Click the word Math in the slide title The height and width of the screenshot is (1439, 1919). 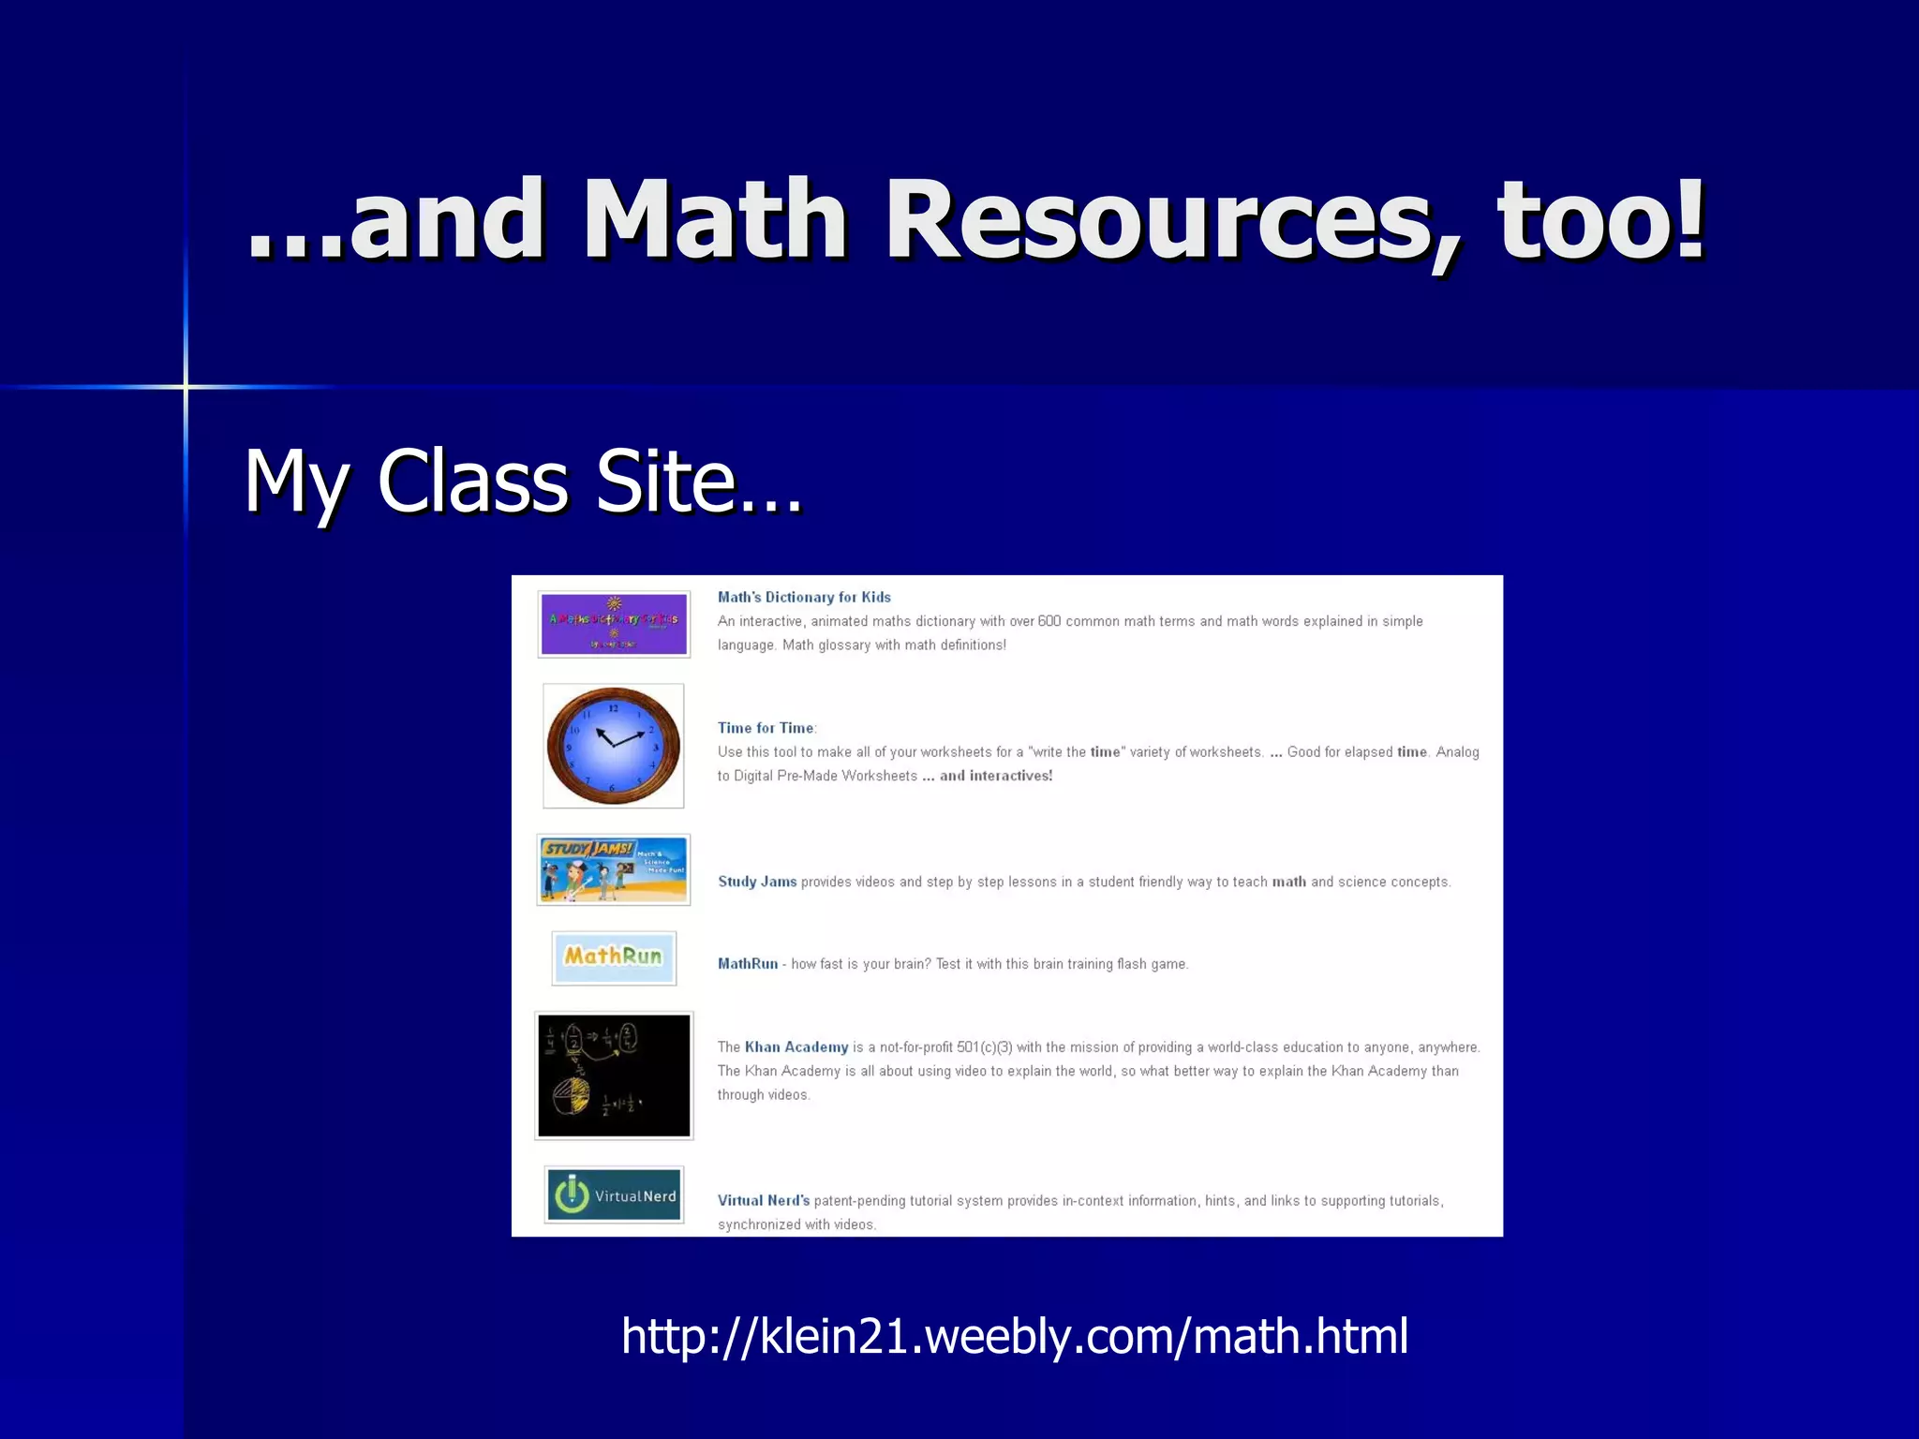point(715,220)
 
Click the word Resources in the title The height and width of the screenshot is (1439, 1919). point(1171,220)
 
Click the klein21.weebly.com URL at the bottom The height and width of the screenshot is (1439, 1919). point(1014,1335)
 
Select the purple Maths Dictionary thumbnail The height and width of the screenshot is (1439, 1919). point(614,624)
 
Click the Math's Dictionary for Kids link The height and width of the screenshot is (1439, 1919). point(804,597)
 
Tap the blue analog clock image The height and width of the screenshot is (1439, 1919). point(614,746)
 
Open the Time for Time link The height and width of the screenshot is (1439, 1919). point(766,728)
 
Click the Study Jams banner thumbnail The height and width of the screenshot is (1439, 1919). point(614,869)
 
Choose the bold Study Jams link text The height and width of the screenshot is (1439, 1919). point(757,882)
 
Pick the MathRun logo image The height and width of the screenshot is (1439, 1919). point(614,957)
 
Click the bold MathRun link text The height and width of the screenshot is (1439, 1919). point(748,964)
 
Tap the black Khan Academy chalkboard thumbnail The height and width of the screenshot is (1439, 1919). point(614,1076)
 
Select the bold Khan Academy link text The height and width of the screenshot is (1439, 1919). point(796,1047)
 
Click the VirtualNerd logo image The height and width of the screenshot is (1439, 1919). point(614,1194)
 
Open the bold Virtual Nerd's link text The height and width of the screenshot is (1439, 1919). point(764,1201)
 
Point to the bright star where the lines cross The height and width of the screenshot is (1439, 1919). point(186,386)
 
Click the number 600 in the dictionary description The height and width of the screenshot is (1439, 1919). point(1049,621)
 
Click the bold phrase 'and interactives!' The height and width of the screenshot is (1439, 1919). point(996,776)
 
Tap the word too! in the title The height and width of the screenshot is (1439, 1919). point(1602,220)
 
